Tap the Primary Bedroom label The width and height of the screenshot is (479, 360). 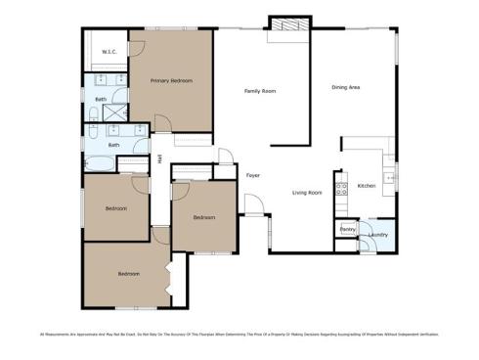(170, 80)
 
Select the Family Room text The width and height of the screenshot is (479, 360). (260, 91)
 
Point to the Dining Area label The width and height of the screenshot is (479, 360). (346, 88)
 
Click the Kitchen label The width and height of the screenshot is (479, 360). (367, 186)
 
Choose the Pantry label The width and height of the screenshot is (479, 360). (347, 229)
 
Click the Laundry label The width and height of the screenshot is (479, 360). (379, 235)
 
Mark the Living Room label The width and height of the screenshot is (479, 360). (307, 193)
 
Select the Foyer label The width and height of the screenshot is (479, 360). (252, 175)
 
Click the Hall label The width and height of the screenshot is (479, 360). (159, 158)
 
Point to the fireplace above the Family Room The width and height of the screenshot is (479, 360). (287, 24)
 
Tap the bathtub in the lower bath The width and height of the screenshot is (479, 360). (102, 163)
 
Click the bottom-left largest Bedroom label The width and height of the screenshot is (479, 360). (130, 274)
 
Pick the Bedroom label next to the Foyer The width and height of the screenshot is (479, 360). (203, 216)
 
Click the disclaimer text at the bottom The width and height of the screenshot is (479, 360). (239, 335)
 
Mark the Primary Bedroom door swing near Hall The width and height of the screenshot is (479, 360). (163, 123)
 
